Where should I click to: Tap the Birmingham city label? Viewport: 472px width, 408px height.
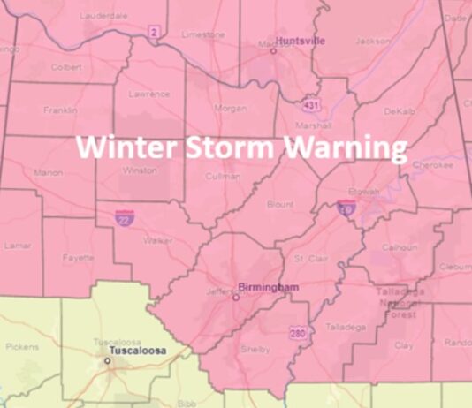[x=269, y=287]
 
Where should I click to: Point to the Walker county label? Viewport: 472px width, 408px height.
[x=158, y=239]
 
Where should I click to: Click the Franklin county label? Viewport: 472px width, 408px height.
[x=59, y=110]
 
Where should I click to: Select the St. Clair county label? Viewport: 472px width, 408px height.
[x=311, y=259]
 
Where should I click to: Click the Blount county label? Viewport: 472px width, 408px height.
[x=280, y=204]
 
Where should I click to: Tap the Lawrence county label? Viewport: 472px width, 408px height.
[x=148, y=94]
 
